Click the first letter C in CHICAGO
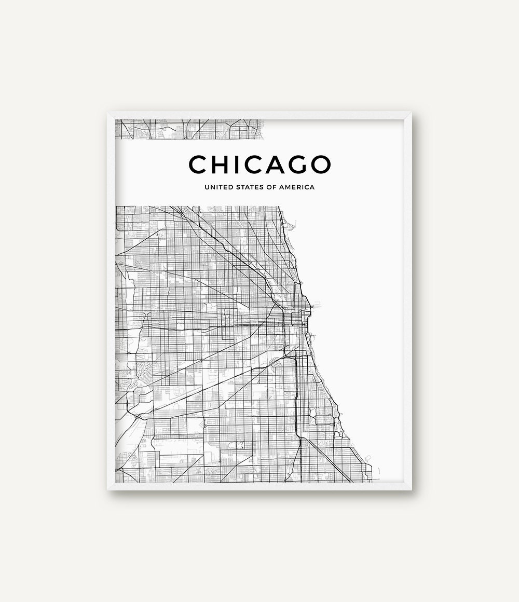pyautogui.click(x=198, y=164)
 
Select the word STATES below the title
pyautogui.click(x=249, y=187)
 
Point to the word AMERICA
pyautogui.click(x=298, y=187)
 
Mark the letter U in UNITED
pyautogui.click(x=207, y=187)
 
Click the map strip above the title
pyautogui.click(x=189, y=129)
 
